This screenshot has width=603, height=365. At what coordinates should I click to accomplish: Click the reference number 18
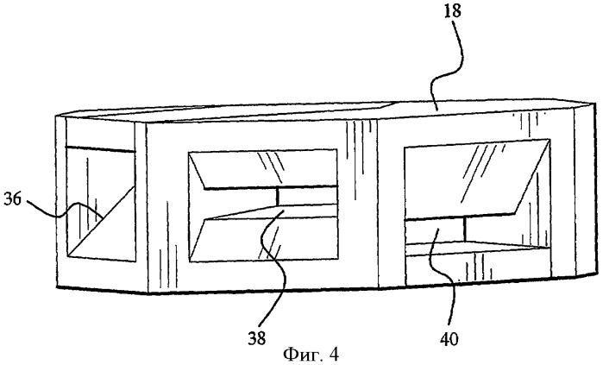[452, 10]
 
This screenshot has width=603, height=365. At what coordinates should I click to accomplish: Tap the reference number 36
[12, 200]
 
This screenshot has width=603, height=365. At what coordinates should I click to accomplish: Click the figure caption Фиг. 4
[311, 354]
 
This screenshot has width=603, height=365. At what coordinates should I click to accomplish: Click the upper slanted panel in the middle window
[263, 170]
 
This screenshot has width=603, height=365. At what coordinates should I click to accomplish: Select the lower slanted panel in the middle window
[263, 239]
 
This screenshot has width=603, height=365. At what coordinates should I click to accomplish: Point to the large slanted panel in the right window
[477, 179]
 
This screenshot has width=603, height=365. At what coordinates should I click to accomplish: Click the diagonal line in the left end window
[101, 222]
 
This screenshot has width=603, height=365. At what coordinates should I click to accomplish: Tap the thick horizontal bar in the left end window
[100, 149]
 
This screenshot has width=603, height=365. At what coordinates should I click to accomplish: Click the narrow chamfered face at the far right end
[586, 189]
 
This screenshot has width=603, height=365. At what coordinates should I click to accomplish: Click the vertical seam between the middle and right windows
[378, 203]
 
